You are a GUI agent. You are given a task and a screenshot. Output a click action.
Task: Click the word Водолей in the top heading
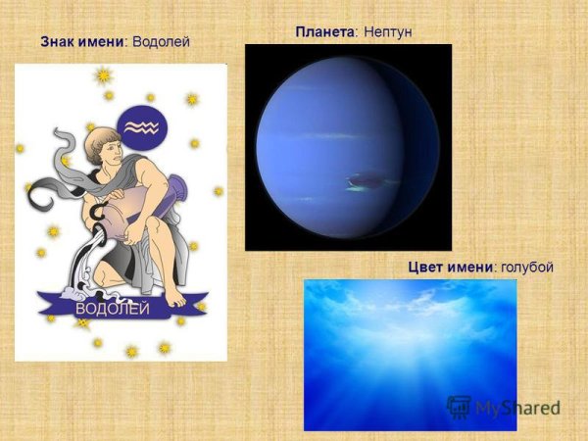(x=160, y=42)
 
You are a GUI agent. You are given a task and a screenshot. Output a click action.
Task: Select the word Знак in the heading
(x=59, y=42)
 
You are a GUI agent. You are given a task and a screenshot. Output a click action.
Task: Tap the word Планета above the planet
(x=324, y=32)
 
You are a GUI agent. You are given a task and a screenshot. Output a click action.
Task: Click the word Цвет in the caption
(x=427, y=268)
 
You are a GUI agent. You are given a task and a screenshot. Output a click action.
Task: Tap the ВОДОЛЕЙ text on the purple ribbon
(x=113, y=310)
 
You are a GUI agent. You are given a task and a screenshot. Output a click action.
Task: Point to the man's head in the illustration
(x=105, y=147)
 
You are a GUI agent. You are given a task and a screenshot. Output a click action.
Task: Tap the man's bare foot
(x=174, y=295)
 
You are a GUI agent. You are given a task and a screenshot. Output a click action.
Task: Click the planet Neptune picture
(x=348, y=147)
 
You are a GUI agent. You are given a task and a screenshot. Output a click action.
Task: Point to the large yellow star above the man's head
(x=103, y=75)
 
